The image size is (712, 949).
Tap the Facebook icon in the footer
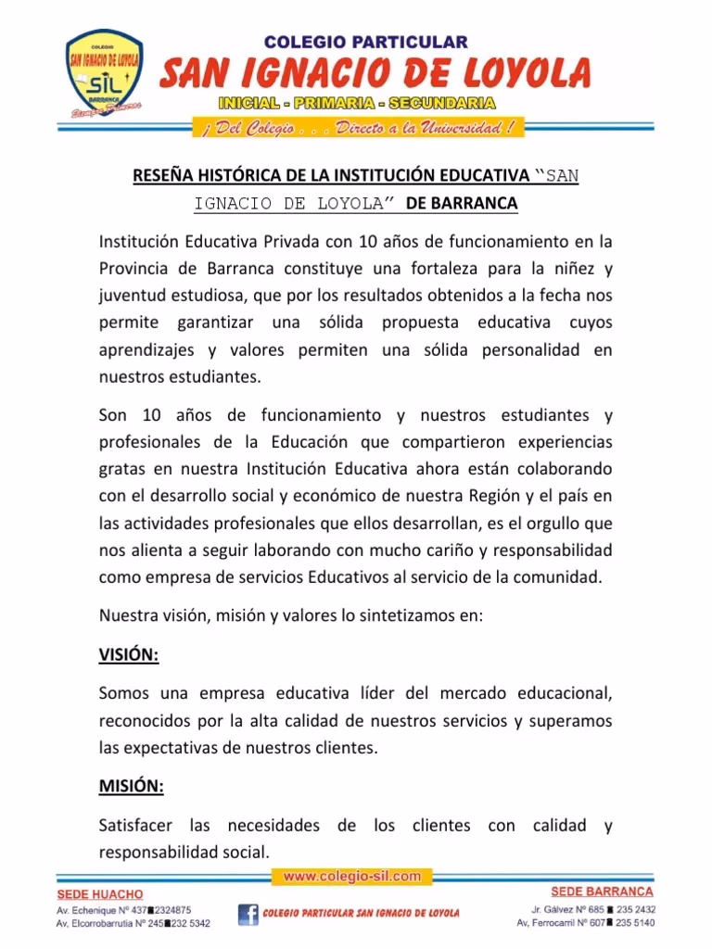tap(248, 914)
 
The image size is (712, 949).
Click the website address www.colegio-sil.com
tap(352, 875)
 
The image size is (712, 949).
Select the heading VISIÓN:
tap(129, 655)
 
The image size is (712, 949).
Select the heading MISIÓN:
tap(131, 787)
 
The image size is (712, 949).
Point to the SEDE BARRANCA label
tap(602, 892)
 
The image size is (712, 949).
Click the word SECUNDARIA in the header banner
tap(442, 103)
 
